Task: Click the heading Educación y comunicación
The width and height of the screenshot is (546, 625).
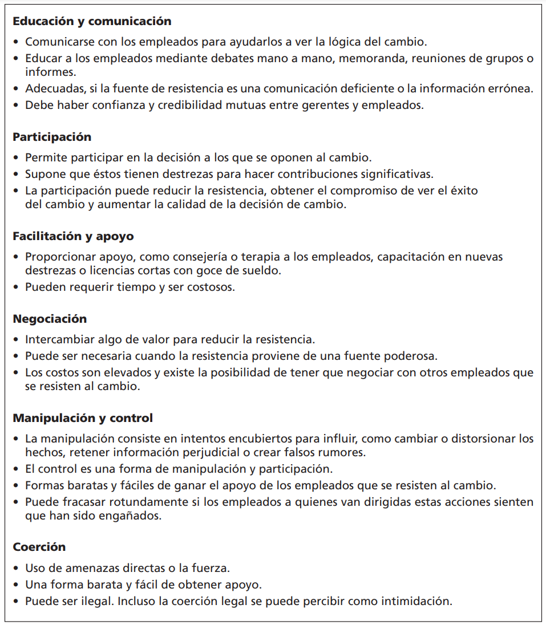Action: click(x=92, y=22)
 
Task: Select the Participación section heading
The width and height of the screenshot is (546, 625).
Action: click(x=52, y=137)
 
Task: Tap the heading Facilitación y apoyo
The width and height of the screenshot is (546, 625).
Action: click(x=73, y=236)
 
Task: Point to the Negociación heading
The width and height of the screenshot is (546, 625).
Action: click(x=50, y=319)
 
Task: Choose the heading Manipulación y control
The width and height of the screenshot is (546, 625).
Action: click(x=83, y=418)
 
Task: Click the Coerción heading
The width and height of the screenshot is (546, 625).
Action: click(x=39, y=547)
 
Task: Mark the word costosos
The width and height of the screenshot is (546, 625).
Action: click(x=210, y=287)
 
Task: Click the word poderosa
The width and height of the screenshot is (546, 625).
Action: click(x=409, y=356)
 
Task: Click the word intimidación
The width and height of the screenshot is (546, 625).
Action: click(x=414, y=601)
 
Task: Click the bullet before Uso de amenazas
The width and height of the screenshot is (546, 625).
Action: click(x=16, y=568)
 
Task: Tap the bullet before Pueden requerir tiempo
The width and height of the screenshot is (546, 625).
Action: click(x=16, y=287)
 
